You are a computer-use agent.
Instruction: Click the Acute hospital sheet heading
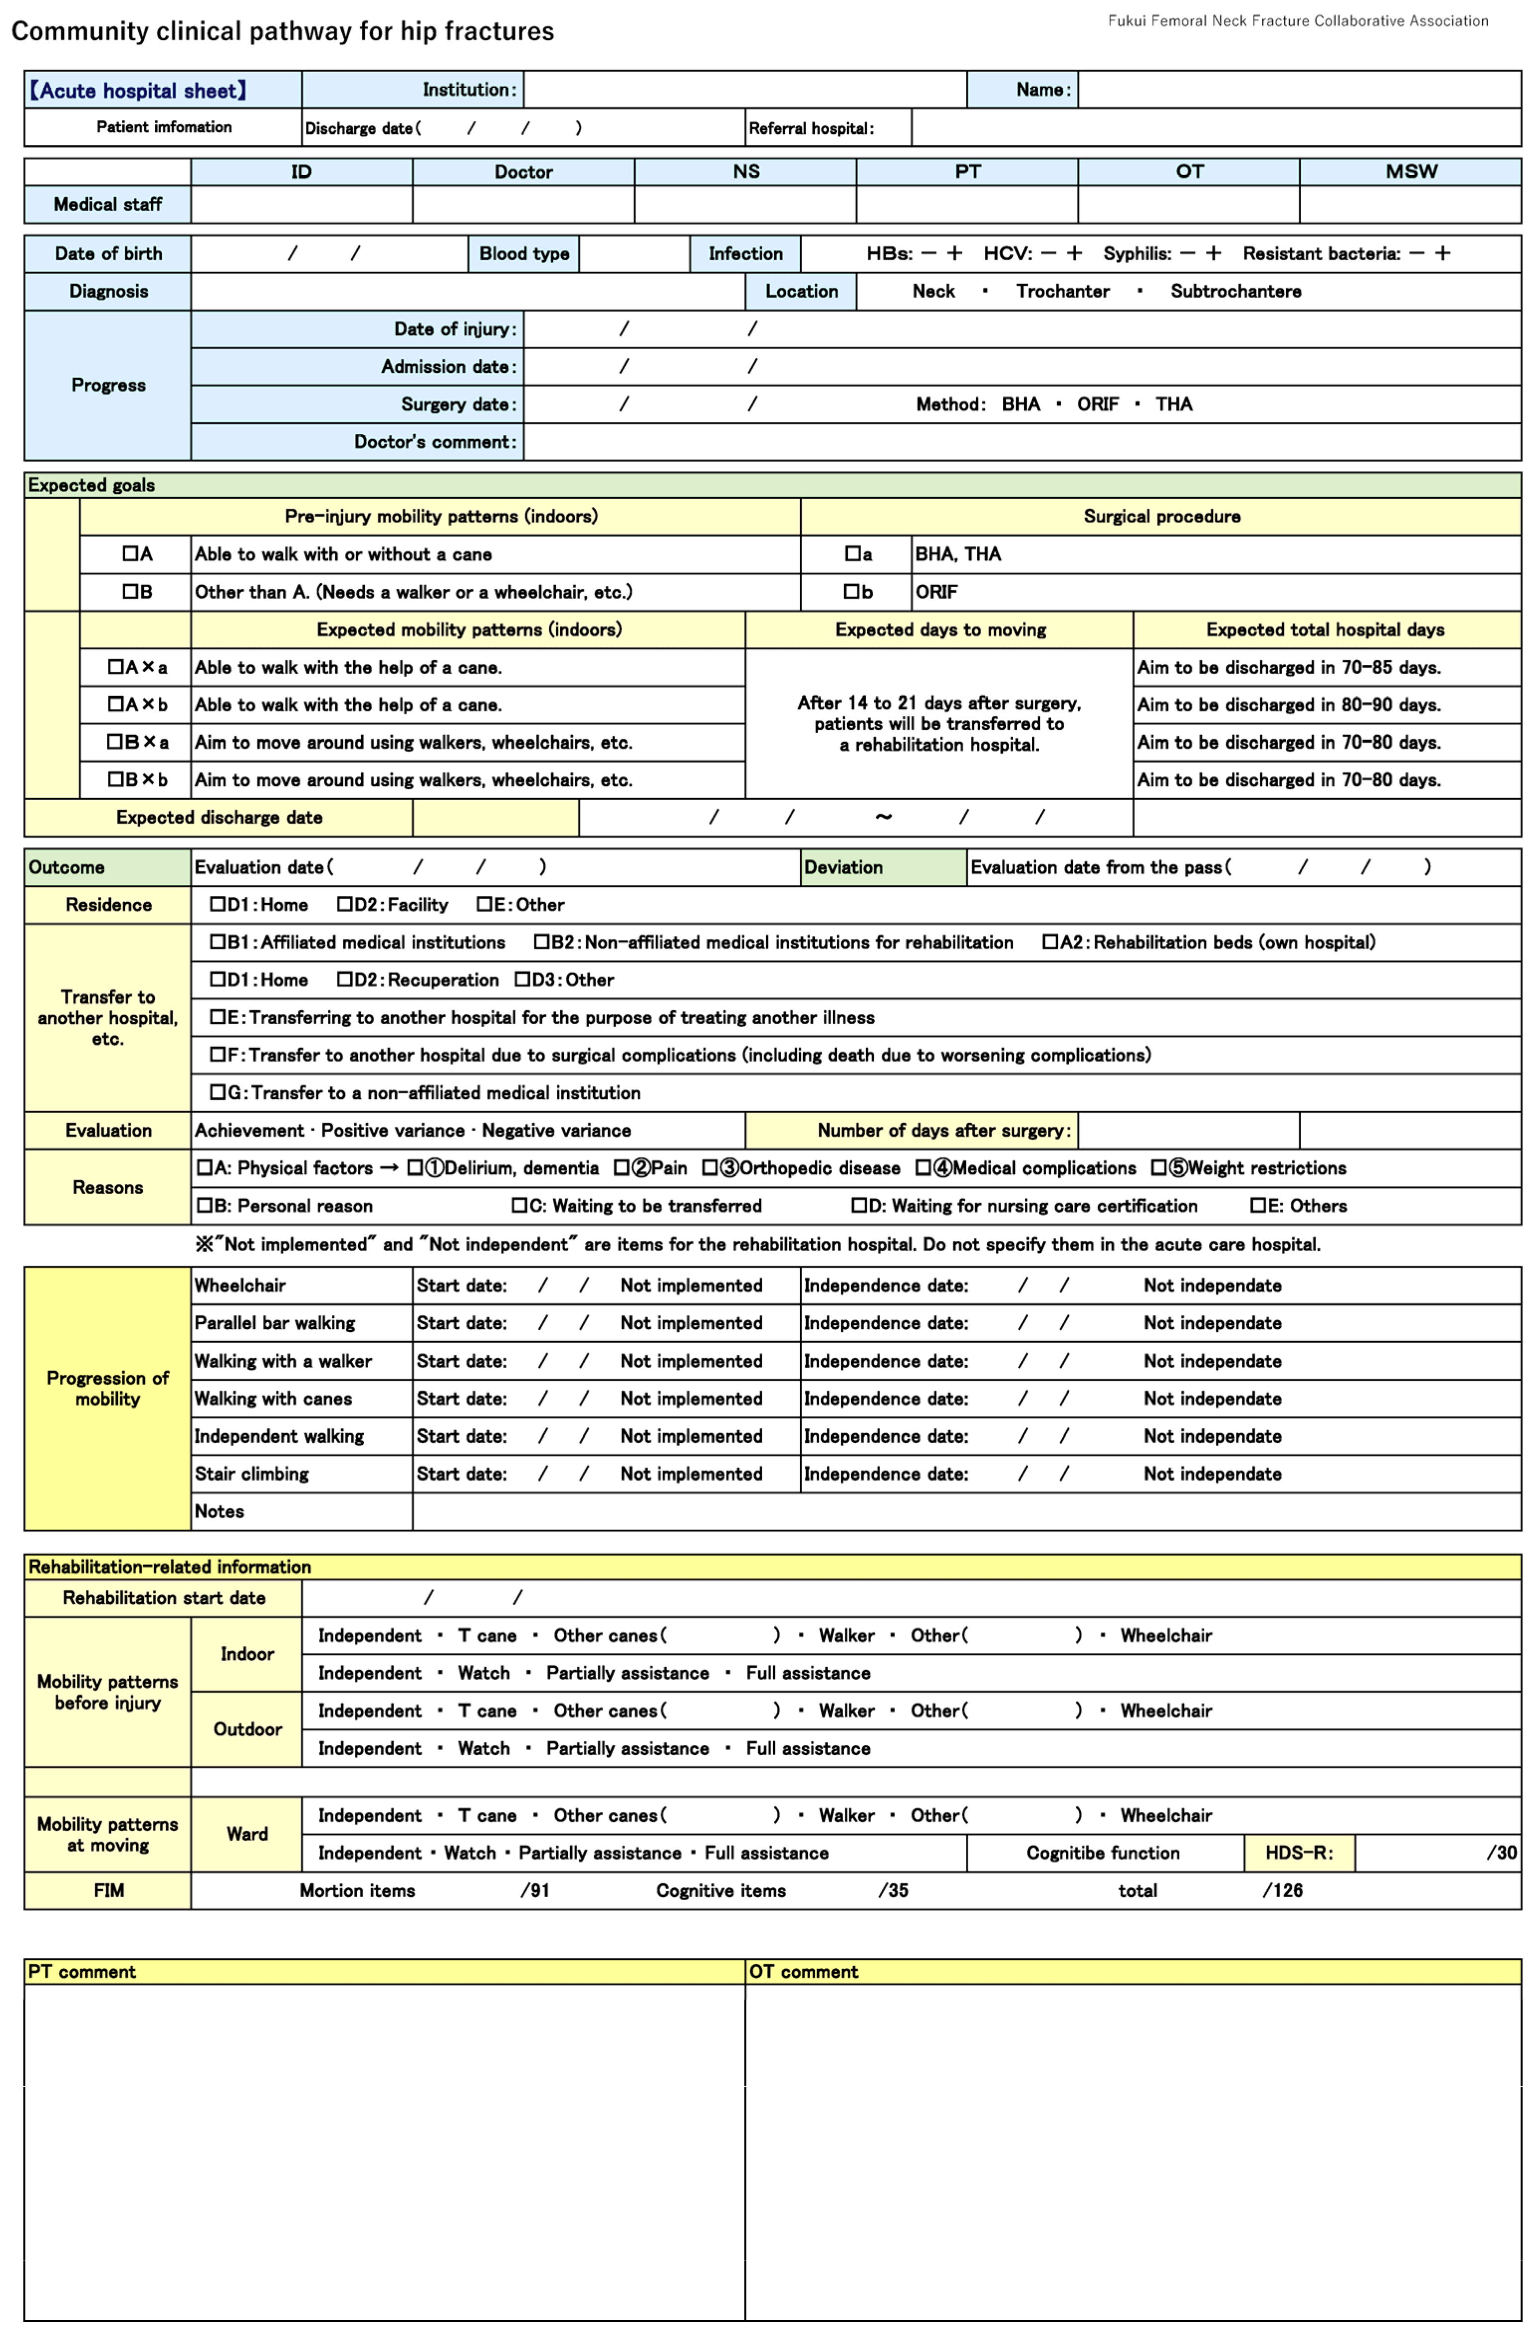138,91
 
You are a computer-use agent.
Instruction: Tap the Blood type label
524,253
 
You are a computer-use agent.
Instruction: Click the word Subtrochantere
1235,291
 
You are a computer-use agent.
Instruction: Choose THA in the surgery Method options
1173,404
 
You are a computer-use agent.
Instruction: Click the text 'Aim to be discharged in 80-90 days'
1288,705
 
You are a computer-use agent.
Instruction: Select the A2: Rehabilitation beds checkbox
1049,943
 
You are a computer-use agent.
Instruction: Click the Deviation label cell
843,867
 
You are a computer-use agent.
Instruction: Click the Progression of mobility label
108,1387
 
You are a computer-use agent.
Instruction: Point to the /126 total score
1283,1891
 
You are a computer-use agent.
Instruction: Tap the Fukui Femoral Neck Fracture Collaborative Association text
1297,20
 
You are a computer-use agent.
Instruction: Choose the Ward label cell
247,1834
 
